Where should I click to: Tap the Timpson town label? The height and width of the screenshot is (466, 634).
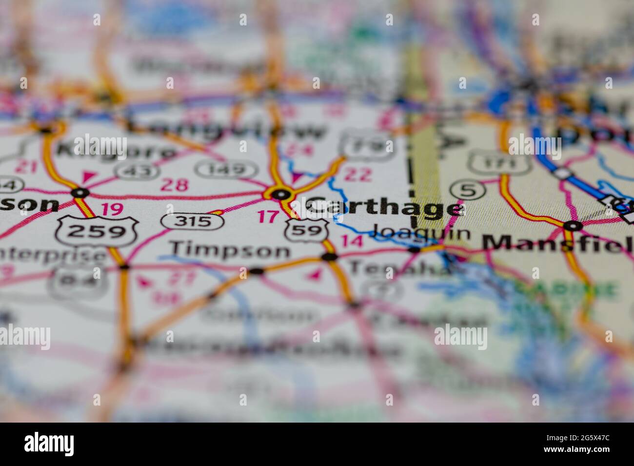[x=230, y=250]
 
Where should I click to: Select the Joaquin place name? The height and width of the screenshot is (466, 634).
[x=421, y=233]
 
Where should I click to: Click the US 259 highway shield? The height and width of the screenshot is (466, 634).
[x=97, y=231]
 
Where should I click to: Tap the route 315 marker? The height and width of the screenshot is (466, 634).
[x=193, y=221]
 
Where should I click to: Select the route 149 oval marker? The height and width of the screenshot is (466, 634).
[x=226, y=169]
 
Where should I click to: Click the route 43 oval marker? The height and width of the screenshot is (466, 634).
[x=138, y=170]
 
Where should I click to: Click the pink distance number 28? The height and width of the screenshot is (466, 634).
[x=174, y=185]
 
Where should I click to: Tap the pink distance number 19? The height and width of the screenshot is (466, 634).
[x=112, y=210]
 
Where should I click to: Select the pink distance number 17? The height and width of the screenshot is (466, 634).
[x=268, y=216]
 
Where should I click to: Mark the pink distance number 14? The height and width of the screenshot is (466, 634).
[x=352, y=240]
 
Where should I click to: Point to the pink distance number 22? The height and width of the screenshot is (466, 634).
[x=358, y=175]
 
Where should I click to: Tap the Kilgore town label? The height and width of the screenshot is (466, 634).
[x=116, y=150]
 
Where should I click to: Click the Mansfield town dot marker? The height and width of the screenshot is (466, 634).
[x=573, y=226]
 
